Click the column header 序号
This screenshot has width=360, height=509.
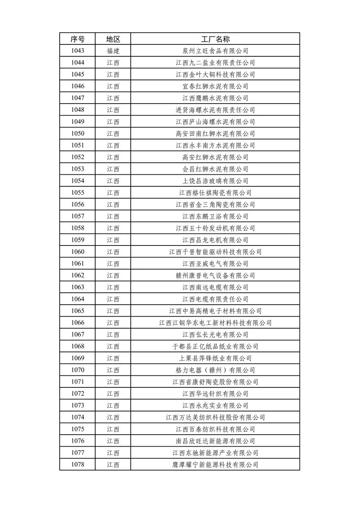[78, 39]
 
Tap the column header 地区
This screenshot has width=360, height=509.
[113, 39]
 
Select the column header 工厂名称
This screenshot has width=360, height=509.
[215, 39]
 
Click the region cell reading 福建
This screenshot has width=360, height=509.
[113, 51]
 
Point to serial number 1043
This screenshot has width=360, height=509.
[78, 51]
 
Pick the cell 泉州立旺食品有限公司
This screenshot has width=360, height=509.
[215, 51]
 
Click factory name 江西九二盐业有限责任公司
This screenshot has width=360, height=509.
[215, 63]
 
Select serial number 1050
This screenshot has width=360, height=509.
[78, 134]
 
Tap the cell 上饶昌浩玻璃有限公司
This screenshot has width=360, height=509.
[215, 181]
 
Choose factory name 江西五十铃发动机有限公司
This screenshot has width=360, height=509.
[215, 228]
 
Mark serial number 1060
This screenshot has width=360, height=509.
[78, 252]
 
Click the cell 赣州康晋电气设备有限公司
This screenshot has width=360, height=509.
[215, 275]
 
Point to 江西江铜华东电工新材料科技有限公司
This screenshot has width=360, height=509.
[215, 323]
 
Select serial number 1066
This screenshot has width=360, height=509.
[78, 323]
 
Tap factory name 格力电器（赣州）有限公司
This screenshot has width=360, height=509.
[215, 370]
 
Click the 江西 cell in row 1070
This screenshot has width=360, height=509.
[113, 370]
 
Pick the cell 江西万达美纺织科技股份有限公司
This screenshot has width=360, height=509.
[215, 417]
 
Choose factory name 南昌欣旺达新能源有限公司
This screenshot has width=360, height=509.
[215, 441]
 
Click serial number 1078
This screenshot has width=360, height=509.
[78, 465]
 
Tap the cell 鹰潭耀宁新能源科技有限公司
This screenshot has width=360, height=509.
[215, 465]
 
